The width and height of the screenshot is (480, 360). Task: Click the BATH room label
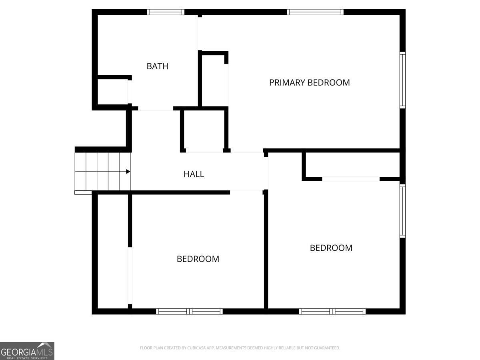(157, 66)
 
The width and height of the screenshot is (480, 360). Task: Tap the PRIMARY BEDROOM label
(309, 83)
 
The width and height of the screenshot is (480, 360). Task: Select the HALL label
(194, 174)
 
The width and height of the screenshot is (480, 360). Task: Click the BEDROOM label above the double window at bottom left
(198, 259)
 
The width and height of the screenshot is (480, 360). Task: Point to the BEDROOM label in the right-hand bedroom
(331, 248)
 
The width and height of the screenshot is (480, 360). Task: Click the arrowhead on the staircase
(128, 172)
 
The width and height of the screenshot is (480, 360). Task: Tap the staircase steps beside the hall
(102, 172)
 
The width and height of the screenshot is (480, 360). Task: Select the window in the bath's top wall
(166, 12)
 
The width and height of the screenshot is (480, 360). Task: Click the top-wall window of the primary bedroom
(315, 12)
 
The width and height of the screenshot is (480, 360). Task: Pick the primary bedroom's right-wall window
(402, 80)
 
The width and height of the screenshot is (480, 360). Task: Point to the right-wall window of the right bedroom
(402, 211)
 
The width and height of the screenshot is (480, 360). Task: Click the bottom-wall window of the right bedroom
(332, 312)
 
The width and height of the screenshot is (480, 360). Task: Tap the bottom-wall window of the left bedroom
(189, 312)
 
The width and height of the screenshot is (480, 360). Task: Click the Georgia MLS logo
(27, 351)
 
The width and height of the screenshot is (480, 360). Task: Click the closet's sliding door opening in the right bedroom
(351, 179)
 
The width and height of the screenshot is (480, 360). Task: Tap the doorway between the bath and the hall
(156, 108)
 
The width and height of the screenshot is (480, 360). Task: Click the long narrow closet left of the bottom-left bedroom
(113, 251)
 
